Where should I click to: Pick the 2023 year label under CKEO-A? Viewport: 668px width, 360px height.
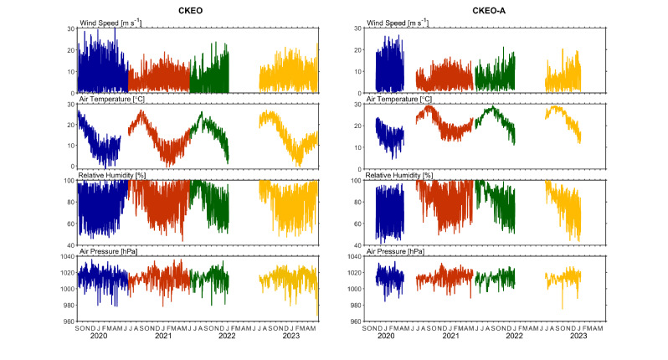pyautogui.click(x=578, y=335)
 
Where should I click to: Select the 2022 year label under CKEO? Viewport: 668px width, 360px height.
pyautogui.click(x=227, y=335)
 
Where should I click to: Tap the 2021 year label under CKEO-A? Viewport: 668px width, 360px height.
pyautogui.click(x=450, y=335)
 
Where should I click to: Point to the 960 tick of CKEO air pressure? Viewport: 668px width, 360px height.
pyautogui.click(x=68, y=321)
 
